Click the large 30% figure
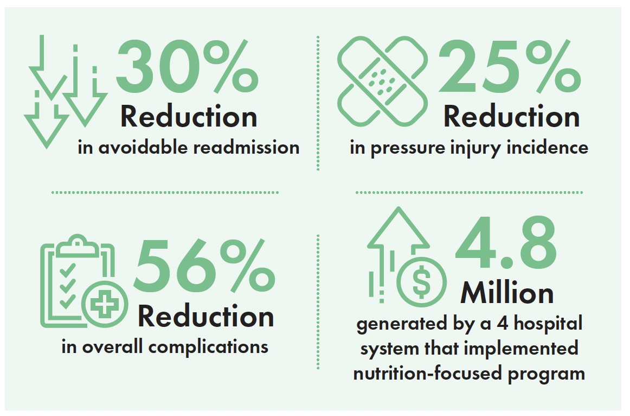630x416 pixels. pyautogui.click(x=187, y=66)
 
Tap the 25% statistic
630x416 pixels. pyautogui.click(x=510, y=66)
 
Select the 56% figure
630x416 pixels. pyautogui.click(x=204, y=266)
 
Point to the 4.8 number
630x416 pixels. pyautogui.click(x=506, y=242)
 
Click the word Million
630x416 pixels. pyautogui.click(x=507, y=293)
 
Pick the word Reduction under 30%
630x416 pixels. pyautogui.click(x=189, y=117)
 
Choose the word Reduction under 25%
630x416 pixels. pyautogui.click(x=511, y=117)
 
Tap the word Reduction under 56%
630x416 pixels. pyautogui.click(x=205, y=316)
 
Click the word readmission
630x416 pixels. pyautogui.click(x=246, y=147)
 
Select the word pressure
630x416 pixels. pyautogui.click(x=407, y=149)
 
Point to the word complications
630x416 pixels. pyautogui.click(x=208, y=347)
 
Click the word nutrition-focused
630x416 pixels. pyautogui.click(x=427, y=373)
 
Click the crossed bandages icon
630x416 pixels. pyautogui.click(x=383, y=81)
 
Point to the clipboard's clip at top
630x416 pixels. pyautogui.click(x=77, y=245)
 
